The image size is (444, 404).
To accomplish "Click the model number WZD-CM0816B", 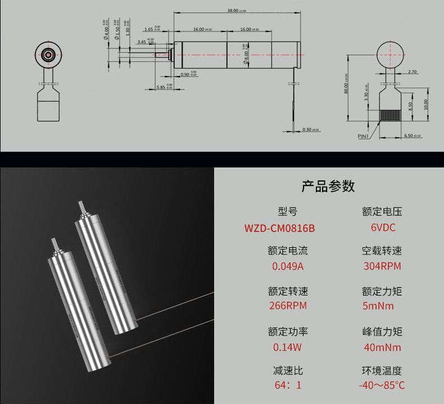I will [x=279, y=229].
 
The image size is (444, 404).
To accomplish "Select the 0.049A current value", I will [x=287, y=266].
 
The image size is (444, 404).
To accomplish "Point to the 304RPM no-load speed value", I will [x=382, y=266].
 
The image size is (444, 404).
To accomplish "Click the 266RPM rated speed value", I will [x=287, y=306].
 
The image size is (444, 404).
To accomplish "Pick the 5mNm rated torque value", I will [x=379, y=306].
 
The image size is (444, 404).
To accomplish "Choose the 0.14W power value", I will [x=287, y=347].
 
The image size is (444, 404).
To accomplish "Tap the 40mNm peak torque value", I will [x=382, y=347].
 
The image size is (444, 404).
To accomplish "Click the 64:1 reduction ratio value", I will [x=287, y=385].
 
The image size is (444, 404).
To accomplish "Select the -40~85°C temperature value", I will [x=382, y=385].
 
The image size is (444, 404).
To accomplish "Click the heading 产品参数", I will [x=328, y=186].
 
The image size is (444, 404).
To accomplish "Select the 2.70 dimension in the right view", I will [x=413, y=72].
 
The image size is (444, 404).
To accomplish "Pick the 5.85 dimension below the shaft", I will [x=161, y=87].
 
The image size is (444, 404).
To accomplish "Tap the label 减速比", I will [x=287, y=371].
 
